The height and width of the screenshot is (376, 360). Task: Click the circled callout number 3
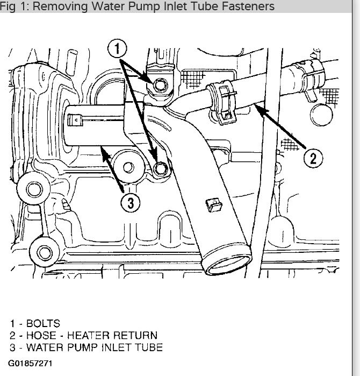(x=130, y=202)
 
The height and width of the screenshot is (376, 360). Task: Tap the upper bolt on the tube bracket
(x=159, y=84)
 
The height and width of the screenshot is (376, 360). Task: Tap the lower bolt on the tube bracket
(x=159, y=169)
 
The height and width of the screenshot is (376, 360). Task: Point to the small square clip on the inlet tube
(x=212, y=204)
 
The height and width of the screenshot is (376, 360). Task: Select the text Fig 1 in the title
(x=13, y=6)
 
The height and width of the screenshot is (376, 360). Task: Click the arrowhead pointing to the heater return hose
(x=257, y=108)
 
